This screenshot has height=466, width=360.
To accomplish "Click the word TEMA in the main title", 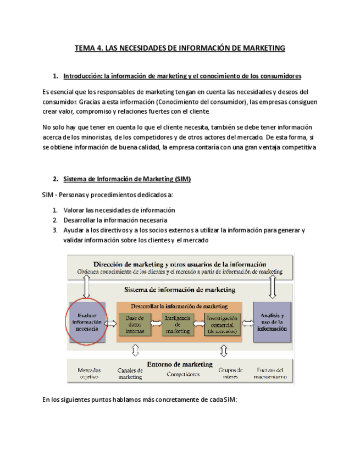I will tap(84, 48).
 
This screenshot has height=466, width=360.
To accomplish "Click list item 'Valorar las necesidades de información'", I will tap(119, 210).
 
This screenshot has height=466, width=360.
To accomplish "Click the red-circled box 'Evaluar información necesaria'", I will tap(85, 322).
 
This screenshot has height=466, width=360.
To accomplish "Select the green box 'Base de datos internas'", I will tap(135, 324).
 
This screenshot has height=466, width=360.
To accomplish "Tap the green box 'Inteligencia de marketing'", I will tap(178, 324).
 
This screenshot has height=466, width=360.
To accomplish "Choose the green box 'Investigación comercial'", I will tap(221, 324).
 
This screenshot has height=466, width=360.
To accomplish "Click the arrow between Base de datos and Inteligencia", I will tap(156, 324).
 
